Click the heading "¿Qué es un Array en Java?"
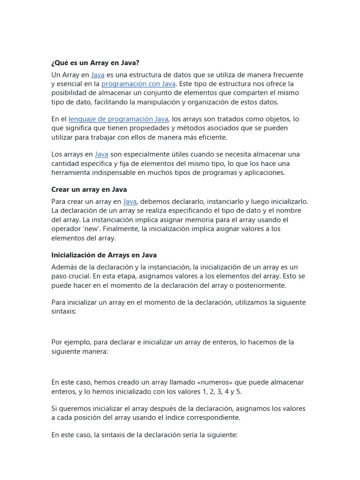point(95,63)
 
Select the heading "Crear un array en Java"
point(89,189)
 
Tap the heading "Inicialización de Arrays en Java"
point(104,255)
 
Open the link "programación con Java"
point(138,84)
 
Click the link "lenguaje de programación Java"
point(118,119)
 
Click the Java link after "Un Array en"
point(97,75)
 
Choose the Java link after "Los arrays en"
point(101,154)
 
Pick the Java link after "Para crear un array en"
point(130,202)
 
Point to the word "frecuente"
point(286,75)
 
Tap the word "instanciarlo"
point(214,202)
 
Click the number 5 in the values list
point(239,391)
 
